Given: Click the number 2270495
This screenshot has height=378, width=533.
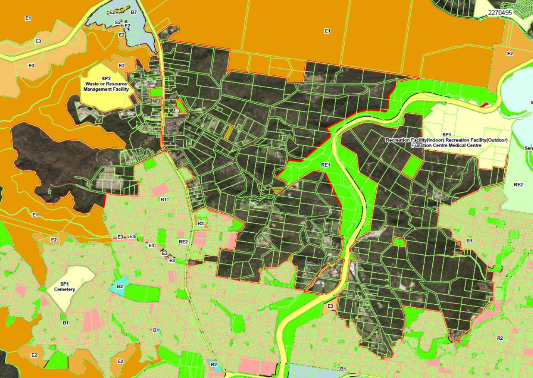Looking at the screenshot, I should (500, 12).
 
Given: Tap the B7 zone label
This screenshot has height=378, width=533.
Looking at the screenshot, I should (134, 12).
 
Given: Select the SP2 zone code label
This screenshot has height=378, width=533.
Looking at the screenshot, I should (106, 78).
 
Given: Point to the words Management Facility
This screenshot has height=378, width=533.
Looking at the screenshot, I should (106, 89).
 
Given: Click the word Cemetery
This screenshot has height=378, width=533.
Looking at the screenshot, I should (64, 289).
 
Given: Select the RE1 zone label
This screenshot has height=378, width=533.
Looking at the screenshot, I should (326, 165).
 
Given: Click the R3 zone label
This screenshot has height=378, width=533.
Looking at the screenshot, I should (201, 224).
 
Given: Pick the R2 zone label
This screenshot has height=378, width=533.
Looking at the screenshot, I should (500, 338).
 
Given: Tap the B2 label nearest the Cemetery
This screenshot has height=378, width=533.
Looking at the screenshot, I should (120, 286).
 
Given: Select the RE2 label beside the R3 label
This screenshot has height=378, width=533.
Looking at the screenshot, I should (183, 241).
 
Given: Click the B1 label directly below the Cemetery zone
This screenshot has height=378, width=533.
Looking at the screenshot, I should (65, 323).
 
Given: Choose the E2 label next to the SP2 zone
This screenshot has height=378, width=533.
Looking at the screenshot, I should (121, 65).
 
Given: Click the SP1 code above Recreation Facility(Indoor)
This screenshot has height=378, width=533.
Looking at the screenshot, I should (447, 134).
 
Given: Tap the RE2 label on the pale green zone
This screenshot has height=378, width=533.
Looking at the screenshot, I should (518, 184).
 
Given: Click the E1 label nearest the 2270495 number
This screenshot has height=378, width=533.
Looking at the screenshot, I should (327, 31).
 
